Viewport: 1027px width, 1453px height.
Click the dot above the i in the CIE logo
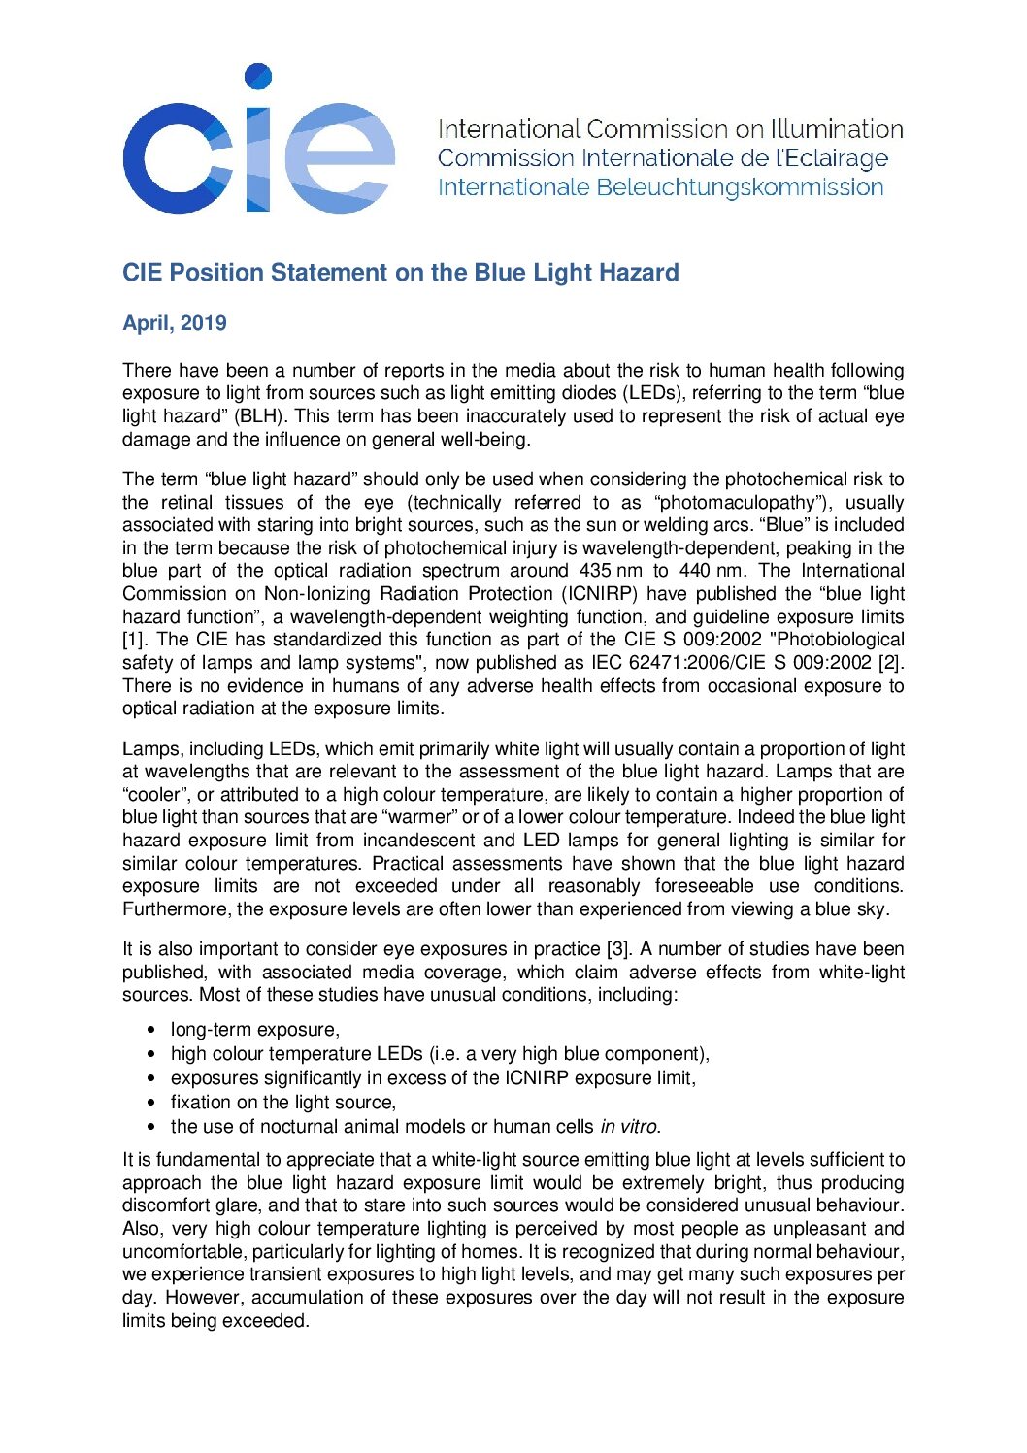tap(257, 77)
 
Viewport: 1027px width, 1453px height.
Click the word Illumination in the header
tap(837, 129)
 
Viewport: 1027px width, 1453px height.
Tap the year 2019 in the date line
tap(203, 323)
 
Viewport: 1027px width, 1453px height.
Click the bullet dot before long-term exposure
tap(150, 1030)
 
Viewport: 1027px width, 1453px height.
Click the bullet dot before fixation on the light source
tap(150, 1103)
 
